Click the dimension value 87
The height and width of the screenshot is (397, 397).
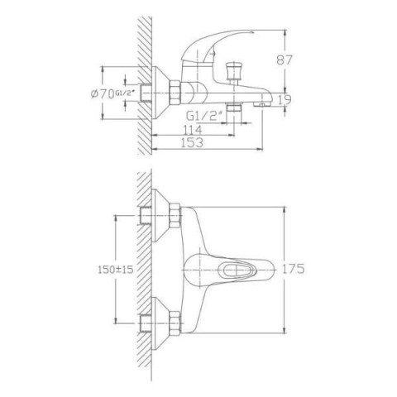(284, 60)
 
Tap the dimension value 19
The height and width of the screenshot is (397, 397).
(284, 100)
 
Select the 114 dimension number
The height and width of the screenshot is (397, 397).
(192, 129)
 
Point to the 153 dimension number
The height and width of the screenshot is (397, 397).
(192, 142)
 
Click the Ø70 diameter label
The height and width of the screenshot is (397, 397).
(103, 94)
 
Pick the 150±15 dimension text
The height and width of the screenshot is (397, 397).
(116, 270)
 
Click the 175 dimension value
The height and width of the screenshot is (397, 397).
(293, 269)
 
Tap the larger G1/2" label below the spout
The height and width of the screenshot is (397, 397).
(204, 117)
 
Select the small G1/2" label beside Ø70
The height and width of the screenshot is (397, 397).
(125, 93)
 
